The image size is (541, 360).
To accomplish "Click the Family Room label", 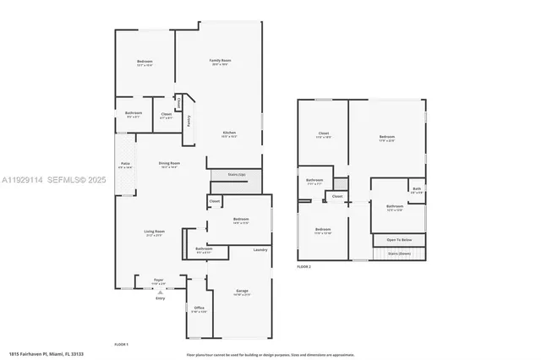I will click(x=221, y=61).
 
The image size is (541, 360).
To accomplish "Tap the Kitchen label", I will click(x=229, y=133).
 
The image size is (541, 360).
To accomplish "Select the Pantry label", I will click(x=189, y=120).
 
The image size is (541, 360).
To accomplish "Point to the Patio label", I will click(x=125, y=163).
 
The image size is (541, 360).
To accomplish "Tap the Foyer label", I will click(x=158, y=280).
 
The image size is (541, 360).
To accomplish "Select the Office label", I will click(x=199, y=308).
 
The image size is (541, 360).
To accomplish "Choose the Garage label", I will click(x=243, y=292).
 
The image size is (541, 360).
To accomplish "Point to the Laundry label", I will click(x=260, y=249).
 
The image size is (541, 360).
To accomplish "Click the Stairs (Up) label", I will click(x=237, y=175).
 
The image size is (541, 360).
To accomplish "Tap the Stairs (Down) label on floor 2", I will click(x=398, y=253).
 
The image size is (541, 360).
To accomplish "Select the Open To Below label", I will click(x=400, y=240).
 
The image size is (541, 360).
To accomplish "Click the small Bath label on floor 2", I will click(x=416, y=188).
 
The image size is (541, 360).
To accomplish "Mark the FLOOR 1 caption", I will click(x=121, y=345).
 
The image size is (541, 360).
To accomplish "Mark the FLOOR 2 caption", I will click(x=304, y=266).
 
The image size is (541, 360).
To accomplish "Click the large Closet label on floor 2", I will click(x=323, y=133).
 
